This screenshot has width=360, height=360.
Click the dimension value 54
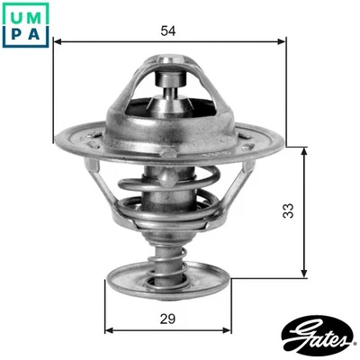pyautogui.click(x=166, y=31)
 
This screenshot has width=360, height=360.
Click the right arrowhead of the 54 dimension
pyautogui.click(x=281, y=40)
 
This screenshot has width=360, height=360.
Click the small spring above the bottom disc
pyautogui.click(x=169, y=252)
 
